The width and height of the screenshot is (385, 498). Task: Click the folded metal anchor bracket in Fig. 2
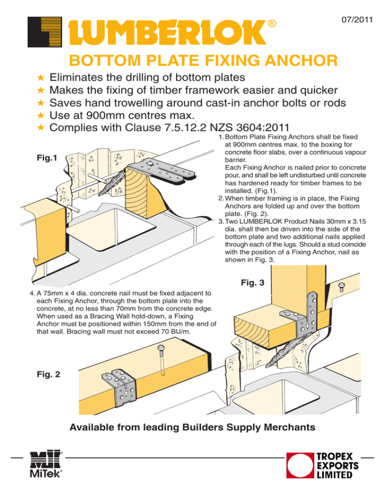[119, 387]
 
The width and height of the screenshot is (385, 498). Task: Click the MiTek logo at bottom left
[46, 464]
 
